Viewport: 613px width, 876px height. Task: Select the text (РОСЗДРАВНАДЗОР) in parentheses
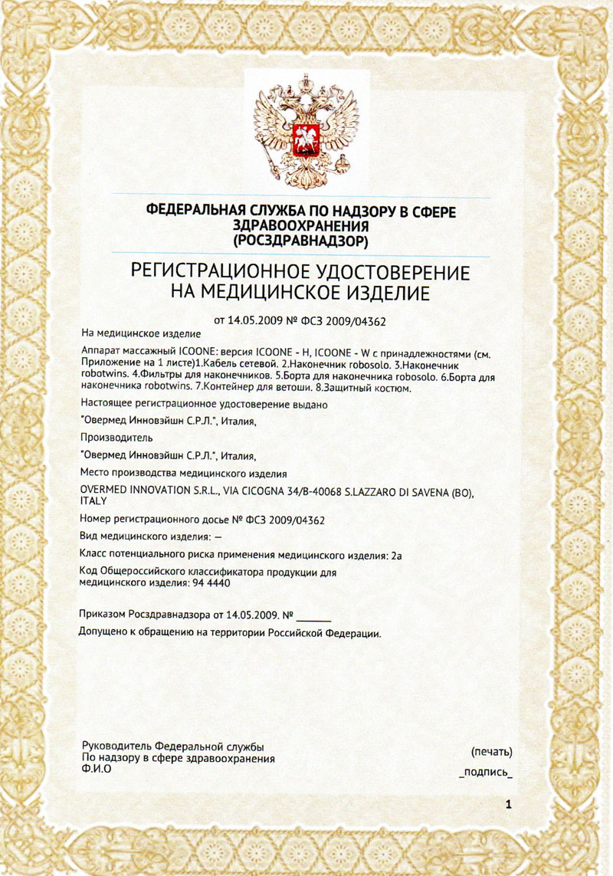click(306, 241)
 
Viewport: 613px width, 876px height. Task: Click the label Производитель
click(116, 438)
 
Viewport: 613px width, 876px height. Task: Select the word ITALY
click(93, 500)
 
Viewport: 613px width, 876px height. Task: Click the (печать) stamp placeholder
click(492, 752)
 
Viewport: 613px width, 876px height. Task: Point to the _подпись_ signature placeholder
click(485, 773)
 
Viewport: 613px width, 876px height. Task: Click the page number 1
click(508, 804)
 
